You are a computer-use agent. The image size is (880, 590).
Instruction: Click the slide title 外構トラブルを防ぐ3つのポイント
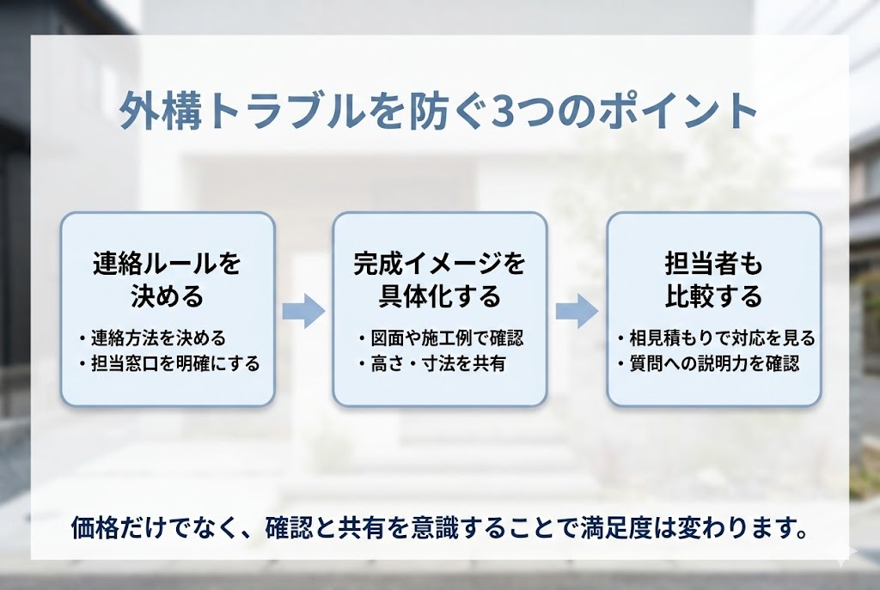(439, 112)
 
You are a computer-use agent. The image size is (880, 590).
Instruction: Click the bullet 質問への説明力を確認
(712, 363)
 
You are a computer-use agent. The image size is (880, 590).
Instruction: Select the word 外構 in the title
(148, 113)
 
